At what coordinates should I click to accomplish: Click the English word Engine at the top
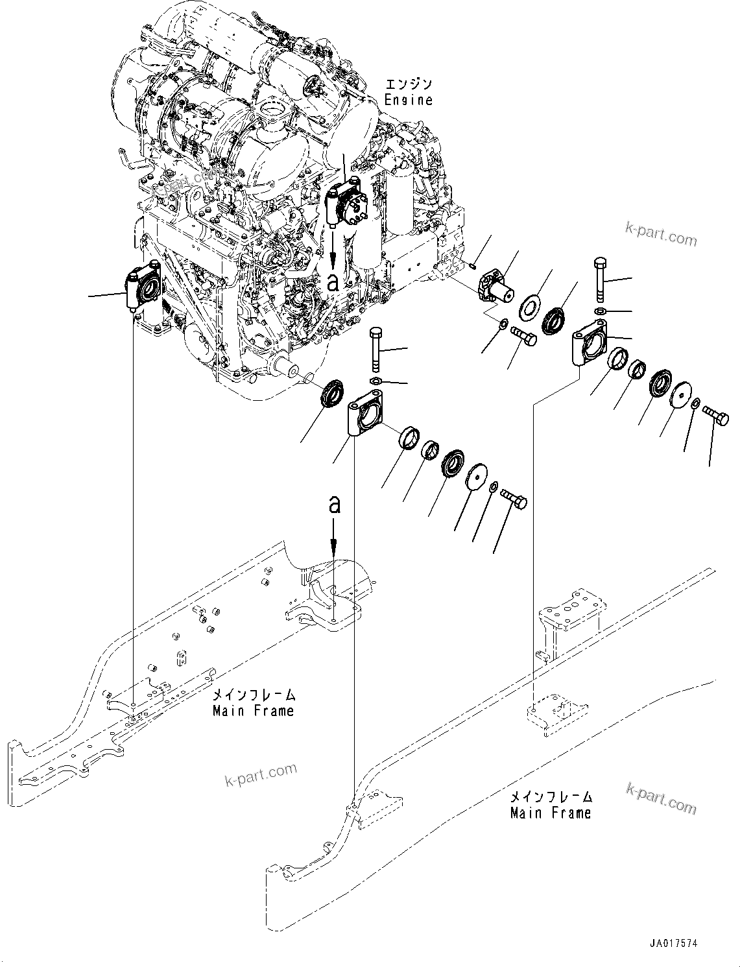pos(408,100)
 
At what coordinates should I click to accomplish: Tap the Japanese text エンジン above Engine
pos(408,84)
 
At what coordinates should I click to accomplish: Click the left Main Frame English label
pos(253,711)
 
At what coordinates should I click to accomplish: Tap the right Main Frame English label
pos(551,813)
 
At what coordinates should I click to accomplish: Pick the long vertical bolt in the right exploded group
pos(599,280)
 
